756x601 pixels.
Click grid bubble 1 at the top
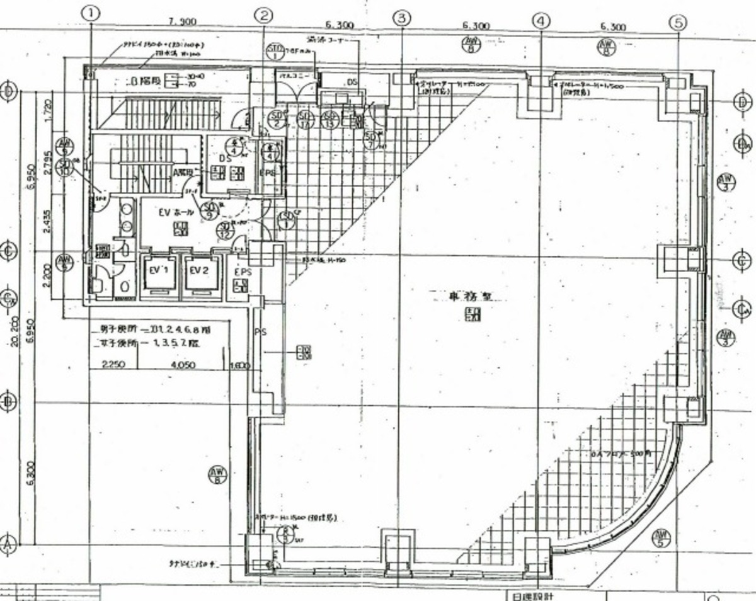pos(92,13)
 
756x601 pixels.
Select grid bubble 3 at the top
pos(403,18)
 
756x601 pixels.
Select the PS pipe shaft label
pos(258,331)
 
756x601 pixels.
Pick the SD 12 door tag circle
pos(226,231)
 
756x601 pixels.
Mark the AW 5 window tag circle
pos(661,537)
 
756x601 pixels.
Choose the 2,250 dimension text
pos(113,365)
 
